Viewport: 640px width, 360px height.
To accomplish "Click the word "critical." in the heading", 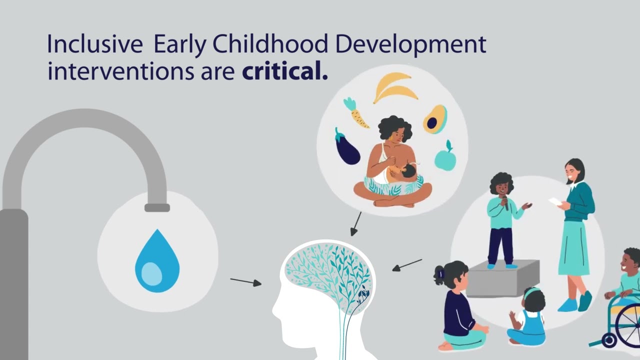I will tap(284, 72).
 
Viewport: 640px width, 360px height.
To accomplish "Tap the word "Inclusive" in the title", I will tap(94, 44).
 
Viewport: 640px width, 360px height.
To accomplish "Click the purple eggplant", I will tap(347, 146).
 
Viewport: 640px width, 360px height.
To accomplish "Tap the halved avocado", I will tap(434, 119).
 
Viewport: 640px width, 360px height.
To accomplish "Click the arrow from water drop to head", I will tap(245, 282).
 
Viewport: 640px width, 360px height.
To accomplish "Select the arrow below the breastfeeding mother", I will tap(356, 223).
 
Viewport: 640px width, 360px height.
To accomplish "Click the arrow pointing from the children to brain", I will tap(407, 264).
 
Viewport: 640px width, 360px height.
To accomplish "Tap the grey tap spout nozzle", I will tap(156, 207).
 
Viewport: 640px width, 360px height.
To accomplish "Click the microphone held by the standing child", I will tap(505, 201).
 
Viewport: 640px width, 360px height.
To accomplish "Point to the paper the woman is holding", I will tap(555, 201).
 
